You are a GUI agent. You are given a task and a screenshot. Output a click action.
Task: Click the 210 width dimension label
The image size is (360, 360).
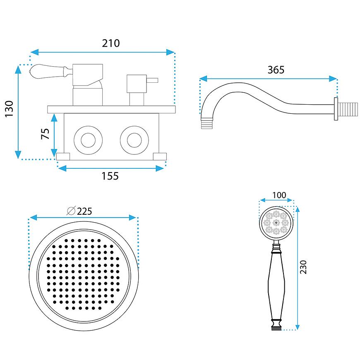tap(110, 43)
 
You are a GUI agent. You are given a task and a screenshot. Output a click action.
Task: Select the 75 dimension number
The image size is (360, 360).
tap(46, 134)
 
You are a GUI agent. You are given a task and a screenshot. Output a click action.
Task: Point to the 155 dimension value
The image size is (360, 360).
tap(110, 176)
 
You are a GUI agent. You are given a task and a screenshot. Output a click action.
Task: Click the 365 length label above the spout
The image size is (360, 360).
tap(276, 70)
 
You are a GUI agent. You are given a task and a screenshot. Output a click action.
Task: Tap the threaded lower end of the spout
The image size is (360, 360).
tap(207, 123)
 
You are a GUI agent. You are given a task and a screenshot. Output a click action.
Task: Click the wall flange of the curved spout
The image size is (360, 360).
tap(336, 108)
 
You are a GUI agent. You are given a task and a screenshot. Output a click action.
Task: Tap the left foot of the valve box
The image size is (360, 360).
tap(63, 156)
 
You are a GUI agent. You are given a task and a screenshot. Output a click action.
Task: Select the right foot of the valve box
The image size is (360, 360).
tap(159, 156)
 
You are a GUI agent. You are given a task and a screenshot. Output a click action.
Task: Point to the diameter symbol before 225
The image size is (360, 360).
tap(71, 211)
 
